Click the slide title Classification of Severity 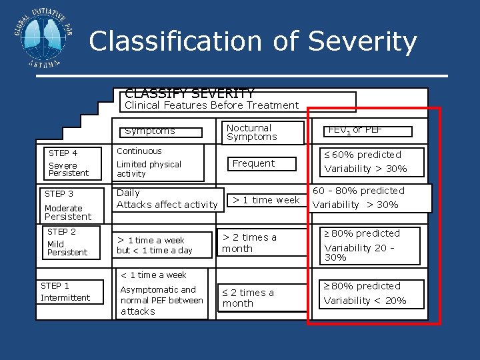(x=253, y=41)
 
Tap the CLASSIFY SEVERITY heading (x=189, y=94)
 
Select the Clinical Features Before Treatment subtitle (x=211, y=105)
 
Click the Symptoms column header (x=150, y=131)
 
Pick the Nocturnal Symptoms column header (x=252, y=132)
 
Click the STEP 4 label (x=63, y=153)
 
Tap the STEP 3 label (x=59, y=194)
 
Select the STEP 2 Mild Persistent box (x=67, y=242)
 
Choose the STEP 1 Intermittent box (x=65, y=292)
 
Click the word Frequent (x=253, y=163)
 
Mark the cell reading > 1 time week (x=265, y=200)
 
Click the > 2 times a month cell (x=249, y=243)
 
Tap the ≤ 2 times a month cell (x=248, y=298)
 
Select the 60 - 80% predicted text (x=359, y=191)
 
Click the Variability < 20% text (x=365, y=301)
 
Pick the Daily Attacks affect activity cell (x=167, y=199)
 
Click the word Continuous (x=139, y=151)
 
